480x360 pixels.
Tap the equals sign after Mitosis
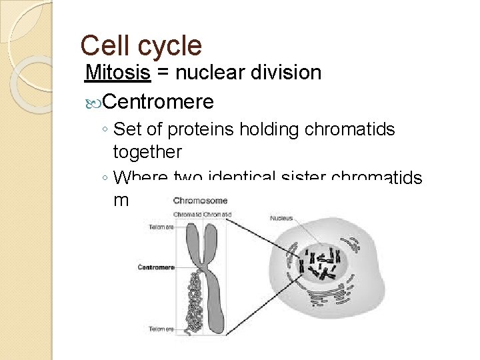click(x=163, y=73)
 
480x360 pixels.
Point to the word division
click(x=289, y=72)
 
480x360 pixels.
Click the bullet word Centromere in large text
click(x=159, y=101)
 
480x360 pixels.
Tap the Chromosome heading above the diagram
click(x=201, y=199)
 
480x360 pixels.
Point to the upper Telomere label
click(x=161, y=226)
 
